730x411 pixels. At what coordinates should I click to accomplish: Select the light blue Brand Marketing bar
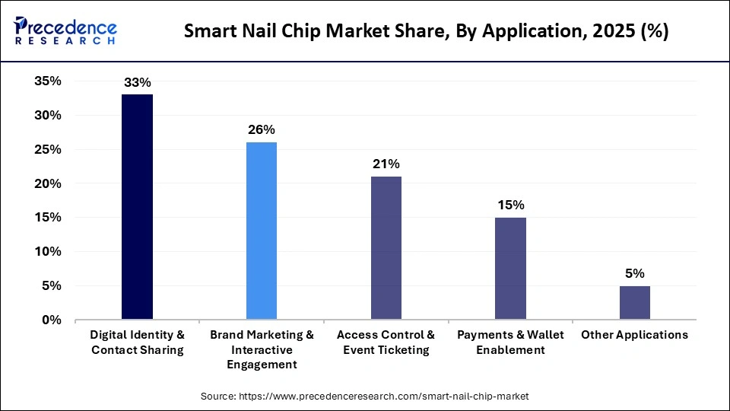point(262,231)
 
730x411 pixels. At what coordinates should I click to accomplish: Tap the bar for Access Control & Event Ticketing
point(386,248)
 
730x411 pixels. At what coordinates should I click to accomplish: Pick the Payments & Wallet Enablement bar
point(510,269)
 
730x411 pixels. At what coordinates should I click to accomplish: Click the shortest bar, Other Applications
point(635,303)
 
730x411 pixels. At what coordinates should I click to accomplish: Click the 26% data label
point(262,129)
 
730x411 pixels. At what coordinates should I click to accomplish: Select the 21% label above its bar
point(386,164)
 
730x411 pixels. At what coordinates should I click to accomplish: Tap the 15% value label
point(510,205)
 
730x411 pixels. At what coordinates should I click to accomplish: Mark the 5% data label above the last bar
point(635,273)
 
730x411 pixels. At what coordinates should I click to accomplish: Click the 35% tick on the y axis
point(47,81)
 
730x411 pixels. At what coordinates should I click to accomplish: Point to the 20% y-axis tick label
point(47,183)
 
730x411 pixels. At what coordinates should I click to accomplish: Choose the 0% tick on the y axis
point(51,320)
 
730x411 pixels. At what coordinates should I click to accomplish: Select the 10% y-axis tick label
point(47,252)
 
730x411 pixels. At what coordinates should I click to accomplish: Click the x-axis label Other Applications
point(635,335)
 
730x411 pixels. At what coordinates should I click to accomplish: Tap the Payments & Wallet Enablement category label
point(510,342)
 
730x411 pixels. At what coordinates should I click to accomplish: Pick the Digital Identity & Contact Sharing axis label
point(137,342)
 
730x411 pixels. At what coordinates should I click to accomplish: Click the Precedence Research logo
point(65,32)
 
